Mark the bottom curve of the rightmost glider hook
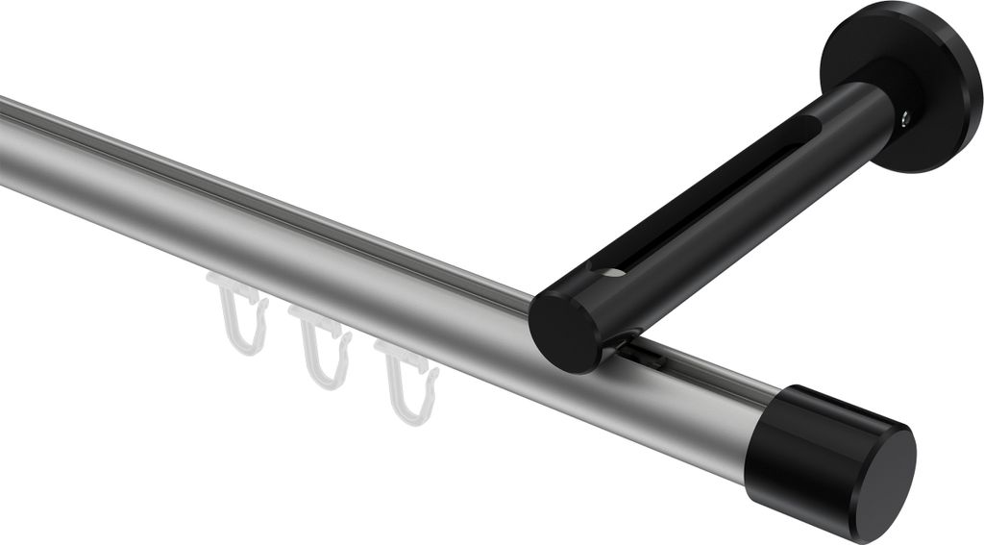tap(409, 415)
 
